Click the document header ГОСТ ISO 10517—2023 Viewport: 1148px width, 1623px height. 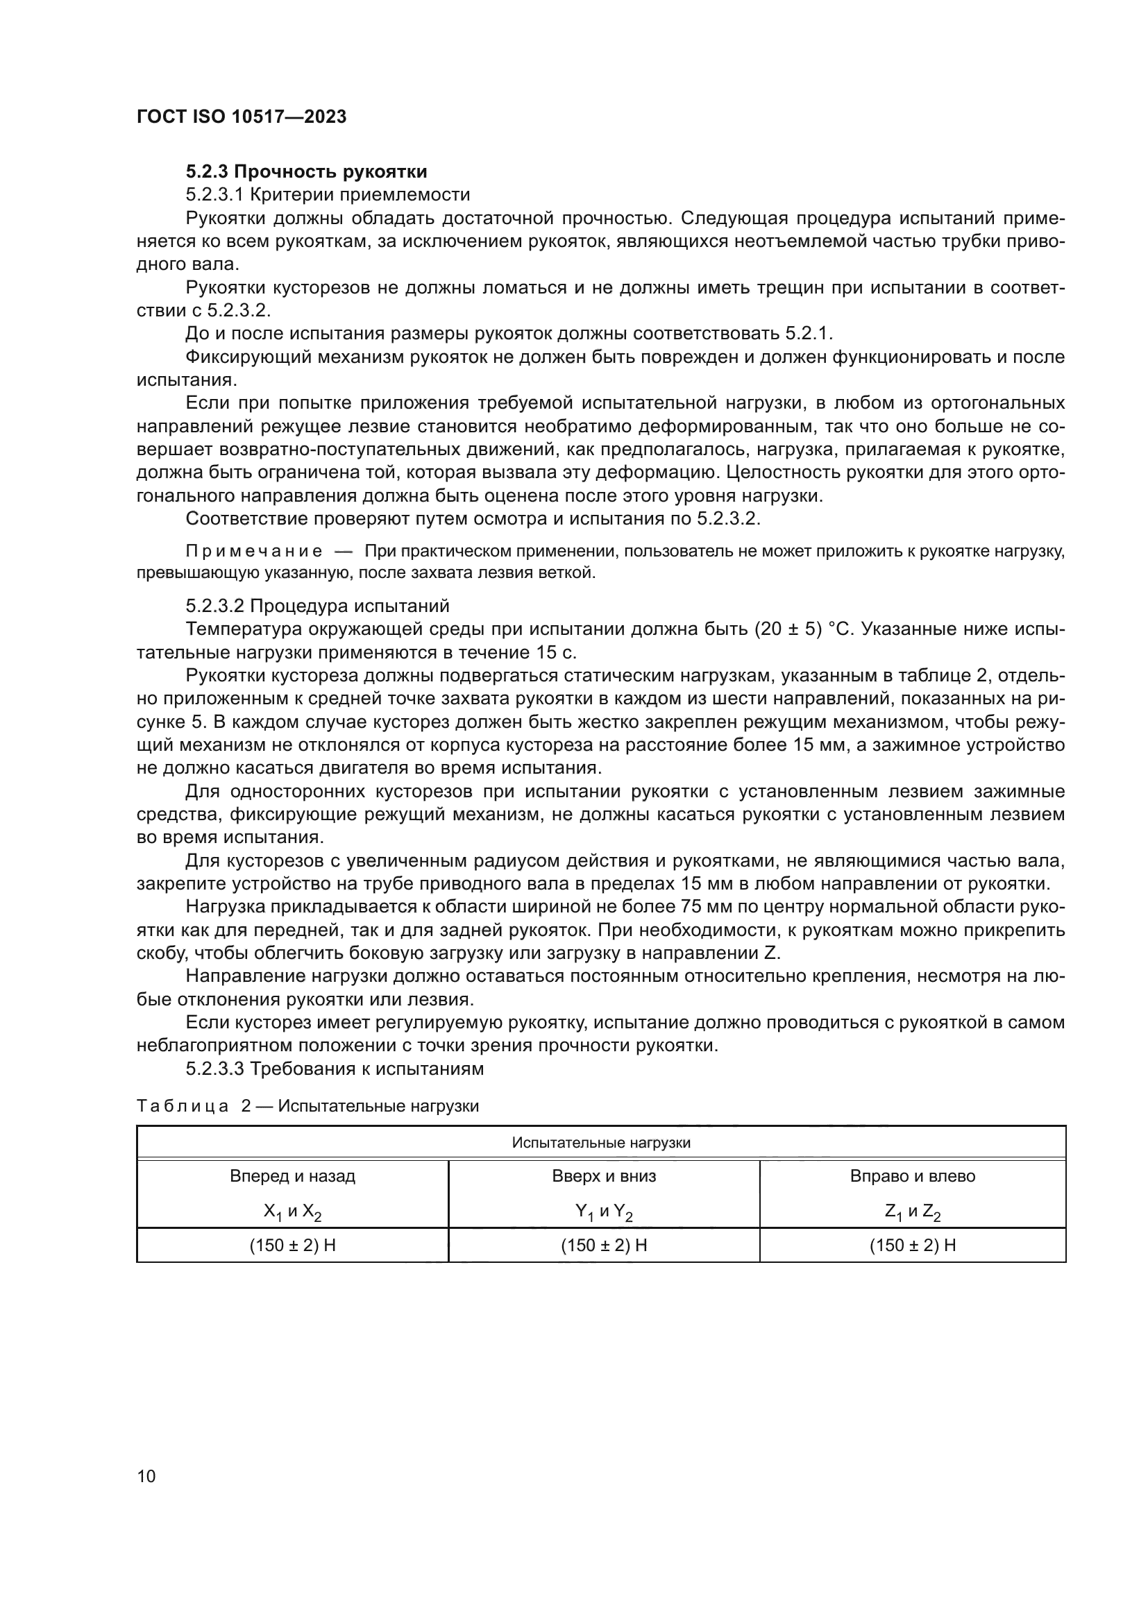pos(241,117)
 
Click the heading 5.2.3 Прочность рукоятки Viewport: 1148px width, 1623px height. pos(306,172)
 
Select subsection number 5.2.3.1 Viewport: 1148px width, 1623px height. pos(215,194)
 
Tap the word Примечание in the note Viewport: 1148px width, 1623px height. pos(254,552)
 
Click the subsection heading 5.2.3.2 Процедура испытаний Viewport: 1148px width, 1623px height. pos(317,606)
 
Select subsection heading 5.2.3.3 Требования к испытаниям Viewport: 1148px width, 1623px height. pos(335,1069)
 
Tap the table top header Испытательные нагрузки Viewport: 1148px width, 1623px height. pos(601,1143)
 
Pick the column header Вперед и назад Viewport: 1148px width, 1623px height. pos(292,1176)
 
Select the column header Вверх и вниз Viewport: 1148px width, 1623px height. pos(604,1176)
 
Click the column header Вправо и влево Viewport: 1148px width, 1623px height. pos(912,1176)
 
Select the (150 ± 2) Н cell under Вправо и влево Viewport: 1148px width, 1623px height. pos(912,1246)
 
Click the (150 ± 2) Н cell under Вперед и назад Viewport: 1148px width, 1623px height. pos(292,1246)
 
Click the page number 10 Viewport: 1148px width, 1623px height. pos(146,1476)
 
